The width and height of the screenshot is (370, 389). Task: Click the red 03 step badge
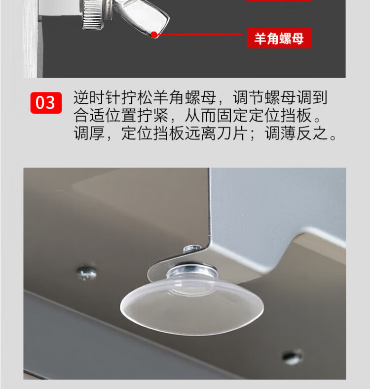[x=46, y=103]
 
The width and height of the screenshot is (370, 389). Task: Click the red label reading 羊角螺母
[x=279, y=39]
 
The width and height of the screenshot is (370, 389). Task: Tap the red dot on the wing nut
[x=154, y=35]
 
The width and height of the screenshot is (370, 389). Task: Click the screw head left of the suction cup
[x=87, y=273]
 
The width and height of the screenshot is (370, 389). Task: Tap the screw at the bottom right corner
[x=292, y=356]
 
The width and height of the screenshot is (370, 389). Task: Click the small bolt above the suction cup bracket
[x=192, y=249]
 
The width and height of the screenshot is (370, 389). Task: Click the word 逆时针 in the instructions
[x=97, y=97]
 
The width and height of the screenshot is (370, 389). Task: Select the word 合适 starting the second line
[x=89, y=115]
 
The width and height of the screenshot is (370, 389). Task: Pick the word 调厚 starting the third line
[x=89, y=133]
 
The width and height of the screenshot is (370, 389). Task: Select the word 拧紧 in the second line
[x=153, y=115]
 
